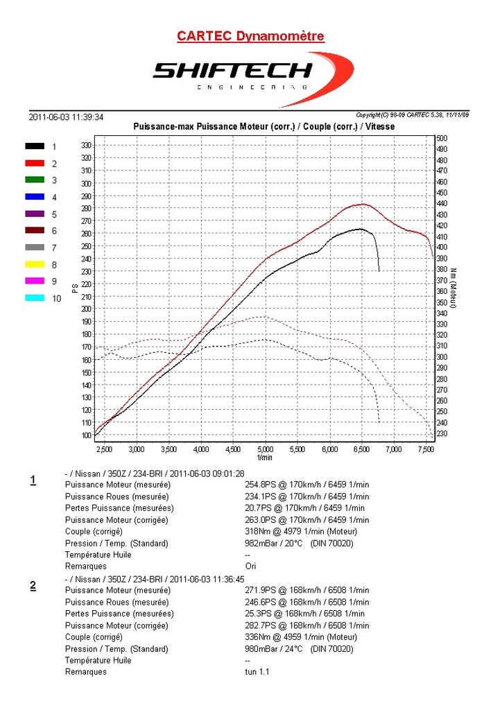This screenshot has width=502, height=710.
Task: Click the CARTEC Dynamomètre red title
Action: pos(250,36)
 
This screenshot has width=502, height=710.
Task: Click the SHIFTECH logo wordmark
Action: pos(232,71)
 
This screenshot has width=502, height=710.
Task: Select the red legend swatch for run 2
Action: pos(35,164)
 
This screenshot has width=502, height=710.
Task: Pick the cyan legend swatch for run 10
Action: pos(35,298)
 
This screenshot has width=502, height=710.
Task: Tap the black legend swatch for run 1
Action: pos(35,146)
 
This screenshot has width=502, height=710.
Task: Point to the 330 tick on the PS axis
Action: pos(86,146)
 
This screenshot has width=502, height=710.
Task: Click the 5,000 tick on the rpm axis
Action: pos(266,449)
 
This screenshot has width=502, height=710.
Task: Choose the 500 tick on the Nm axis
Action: pos(442,139)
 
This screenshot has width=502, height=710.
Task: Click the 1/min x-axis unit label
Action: pos(264,458)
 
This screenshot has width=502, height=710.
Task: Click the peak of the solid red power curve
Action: pos(362,204)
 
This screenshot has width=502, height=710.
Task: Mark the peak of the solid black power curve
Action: pos(359,228)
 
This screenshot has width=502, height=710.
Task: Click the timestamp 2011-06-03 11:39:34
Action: pos(67,117)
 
